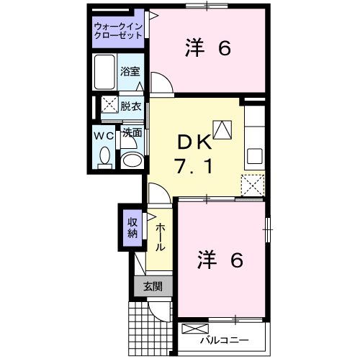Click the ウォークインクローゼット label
pyautogui.click(x=118, y=31)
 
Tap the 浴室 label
pyautogui.click(x=130, y=71)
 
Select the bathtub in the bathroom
pyautogui.click(x=104, y=72)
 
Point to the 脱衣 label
pyautogui.click(x=131, y=106)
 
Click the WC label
pyautogui.click(x=104, y=136)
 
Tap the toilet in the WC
pyautogui.click(x=104, y=157)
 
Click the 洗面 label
pyautogui.click(x=132, y=133)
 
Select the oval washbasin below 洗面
pyautogui.click(x=132, y=160)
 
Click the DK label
pyautogui.click(x=194, y=142)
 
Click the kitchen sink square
pyautogui.click(x=255, y=156)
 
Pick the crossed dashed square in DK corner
pyautogui.click(x=253, y=186)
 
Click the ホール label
pyautogui.click(x=160, y=237)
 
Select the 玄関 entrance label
pyautogui.click(x=153, y=286)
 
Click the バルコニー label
pyautogui.click(x=225, y=340)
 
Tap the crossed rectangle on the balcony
pyautogui.click(x=195, y=329)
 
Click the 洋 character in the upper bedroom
pyautogui.click(x=194, y=48)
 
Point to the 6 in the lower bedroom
pyautogui.click(x=237, y=260)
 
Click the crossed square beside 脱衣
pyautogui.click(x=109, y=104)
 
